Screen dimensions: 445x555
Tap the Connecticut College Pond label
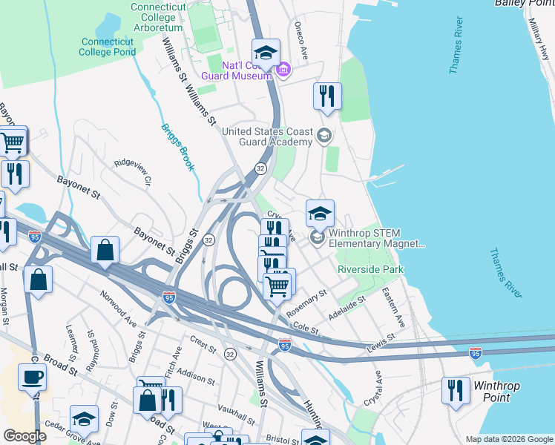[108, 47]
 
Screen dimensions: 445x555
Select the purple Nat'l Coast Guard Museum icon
[283, 70]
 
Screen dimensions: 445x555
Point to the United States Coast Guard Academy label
[268, 137]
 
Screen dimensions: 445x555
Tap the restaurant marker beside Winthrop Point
[455, 390]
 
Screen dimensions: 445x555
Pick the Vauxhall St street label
[237, 409]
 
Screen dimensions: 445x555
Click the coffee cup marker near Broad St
[31, 377]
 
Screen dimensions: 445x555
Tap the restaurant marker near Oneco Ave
[326, 96]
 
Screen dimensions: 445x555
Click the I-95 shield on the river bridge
[476, 353]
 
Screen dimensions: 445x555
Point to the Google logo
[25, 436]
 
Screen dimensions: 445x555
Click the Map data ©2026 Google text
[508, 439]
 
